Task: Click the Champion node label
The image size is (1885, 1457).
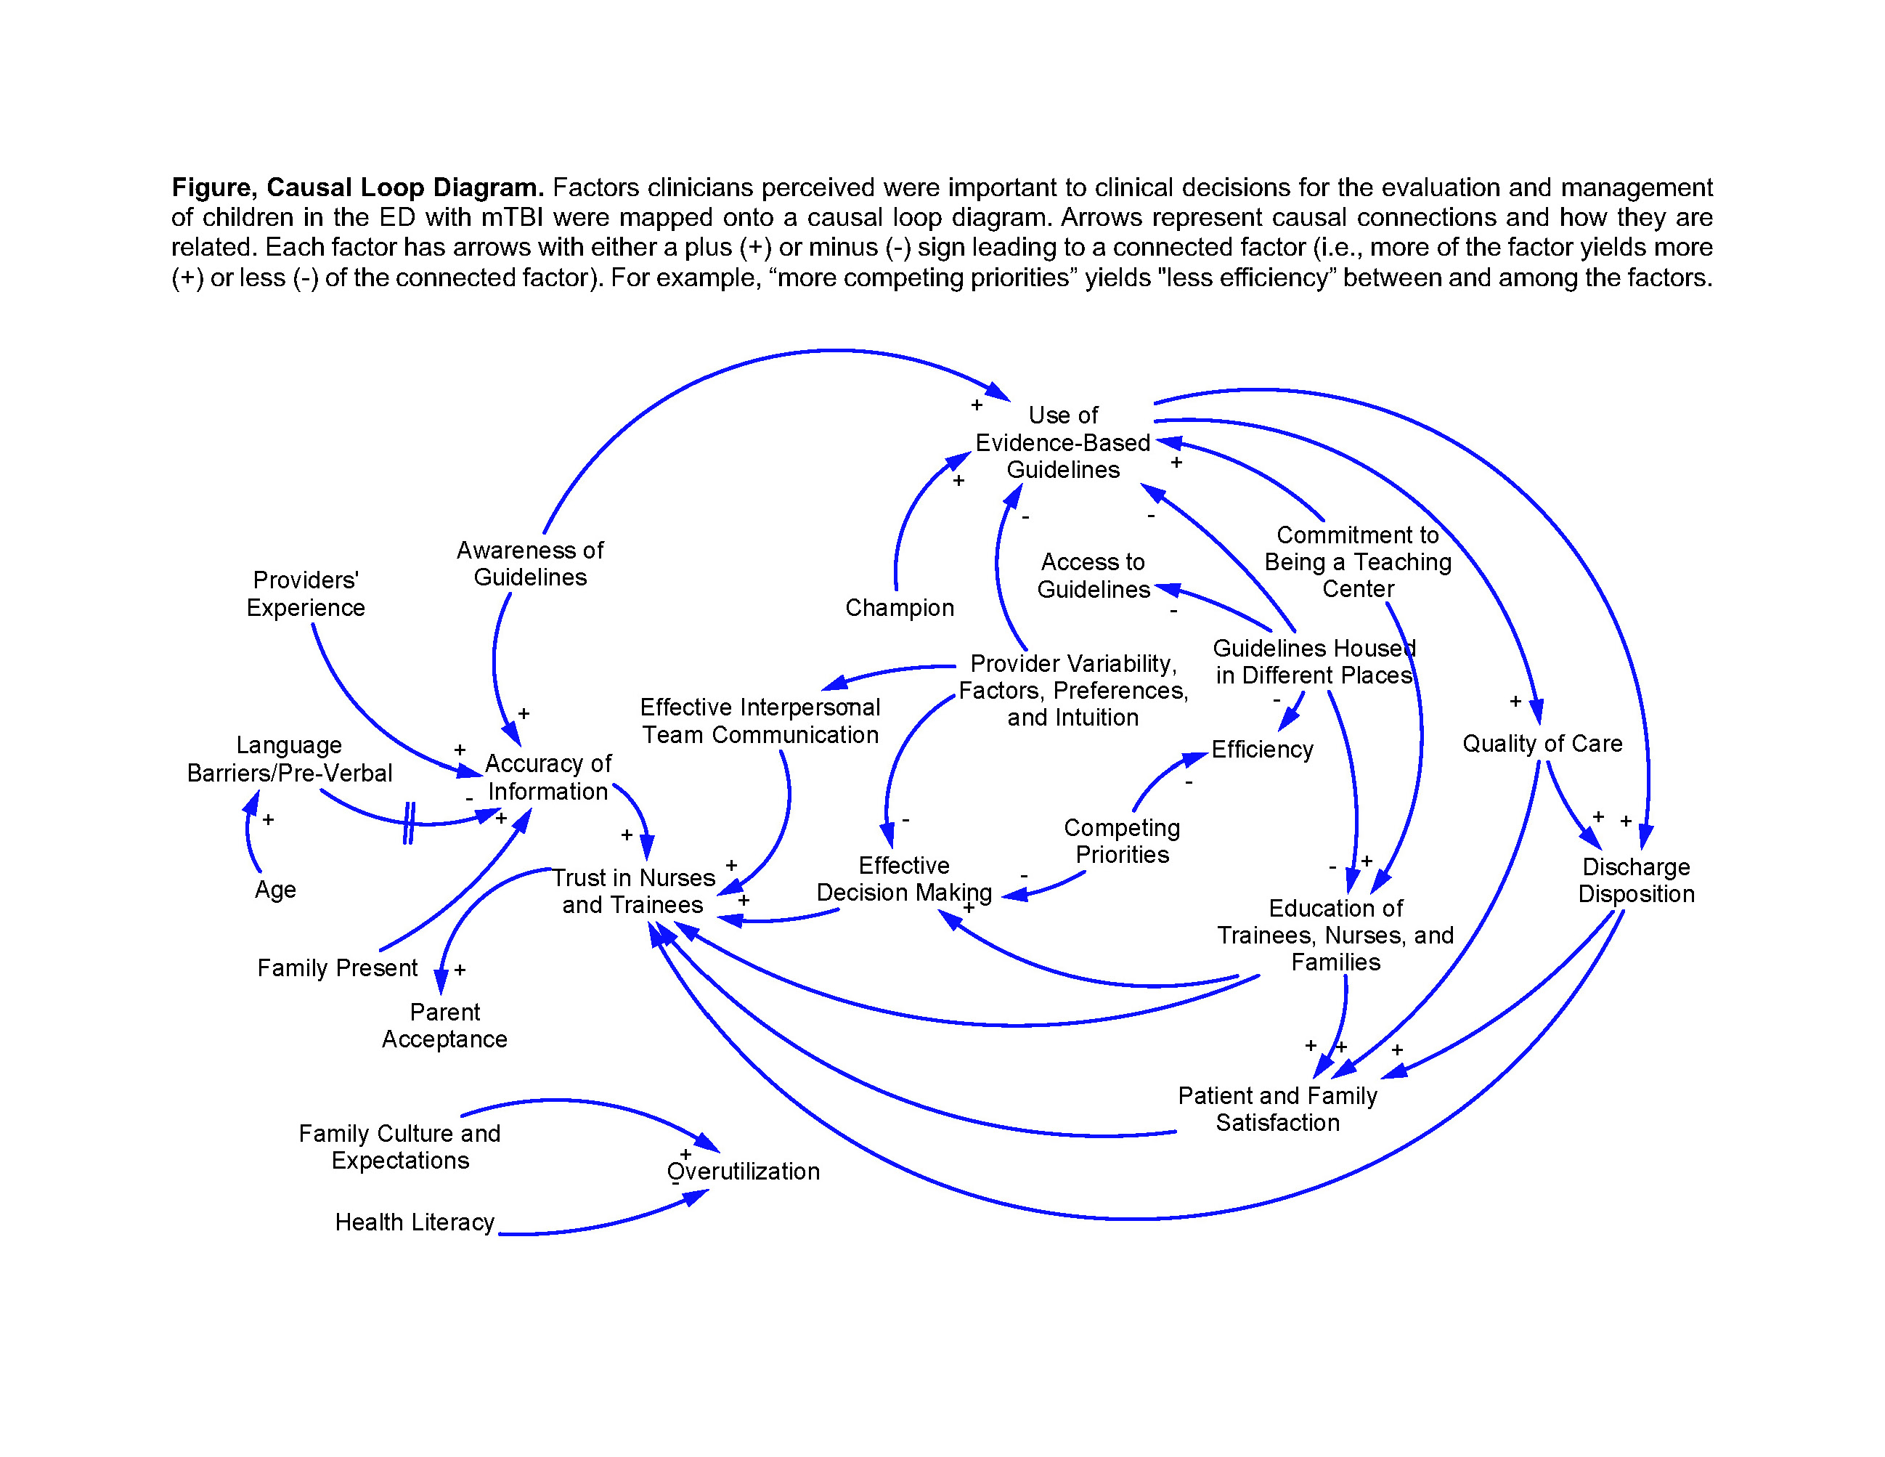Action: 900,608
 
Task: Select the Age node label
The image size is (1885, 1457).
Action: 275,890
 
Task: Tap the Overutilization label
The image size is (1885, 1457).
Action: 743,1172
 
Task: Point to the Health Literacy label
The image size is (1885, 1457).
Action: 415,1222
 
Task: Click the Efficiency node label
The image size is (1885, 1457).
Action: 1262,750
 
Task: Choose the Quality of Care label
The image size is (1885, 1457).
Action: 1542,743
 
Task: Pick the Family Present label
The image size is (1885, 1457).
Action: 338,967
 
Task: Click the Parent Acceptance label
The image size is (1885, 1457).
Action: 444,1026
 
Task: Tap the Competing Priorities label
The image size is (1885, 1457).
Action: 1122,840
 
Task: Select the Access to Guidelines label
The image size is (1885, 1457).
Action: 1094,576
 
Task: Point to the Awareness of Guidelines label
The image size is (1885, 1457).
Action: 530,564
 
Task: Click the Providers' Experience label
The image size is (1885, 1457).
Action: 306,594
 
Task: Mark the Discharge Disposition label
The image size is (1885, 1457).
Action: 1637,880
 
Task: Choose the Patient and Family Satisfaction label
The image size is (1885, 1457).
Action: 1277,1109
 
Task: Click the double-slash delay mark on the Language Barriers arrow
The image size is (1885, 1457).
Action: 409,823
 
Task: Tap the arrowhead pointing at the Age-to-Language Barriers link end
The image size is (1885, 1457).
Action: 252,802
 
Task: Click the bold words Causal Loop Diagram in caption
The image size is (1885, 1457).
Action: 404,187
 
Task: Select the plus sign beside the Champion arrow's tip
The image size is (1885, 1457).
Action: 958,481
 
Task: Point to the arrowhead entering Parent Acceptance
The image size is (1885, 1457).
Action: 441,981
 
